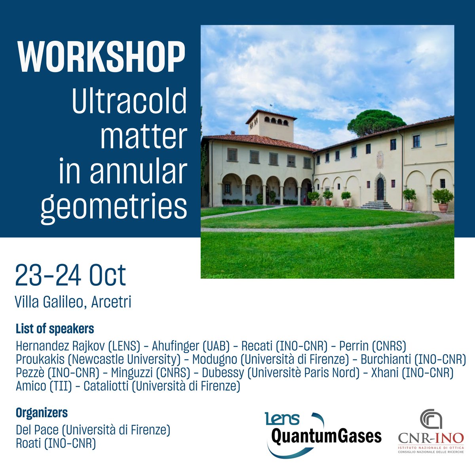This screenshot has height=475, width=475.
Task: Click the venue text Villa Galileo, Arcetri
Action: click(x=73, y=302)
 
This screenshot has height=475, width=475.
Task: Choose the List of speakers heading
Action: click(x=55, y=329)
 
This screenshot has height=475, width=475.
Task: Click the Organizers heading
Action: click(x=42, y=413)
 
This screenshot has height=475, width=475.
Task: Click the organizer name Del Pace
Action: click(x=36, y=430)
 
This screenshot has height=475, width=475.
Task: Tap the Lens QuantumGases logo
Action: click(x=323, y=433)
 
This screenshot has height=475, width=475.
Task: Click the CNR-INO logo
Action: click(x=431, y=431)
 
